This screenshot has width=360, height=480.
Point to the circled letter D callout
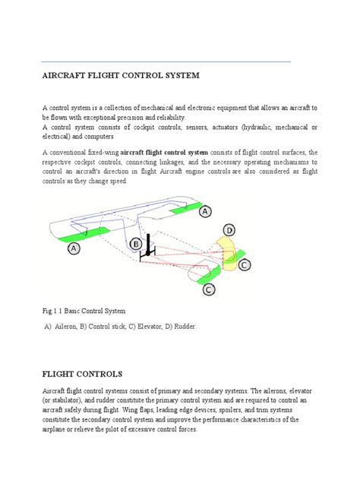(229, 229)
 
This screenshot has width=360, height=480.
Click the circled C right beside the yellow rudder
(244, 265)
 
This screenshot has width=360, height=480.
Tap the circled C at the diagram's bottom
(208, 289)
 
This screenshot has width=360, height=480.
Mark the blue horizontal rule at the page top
(166, 61)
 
